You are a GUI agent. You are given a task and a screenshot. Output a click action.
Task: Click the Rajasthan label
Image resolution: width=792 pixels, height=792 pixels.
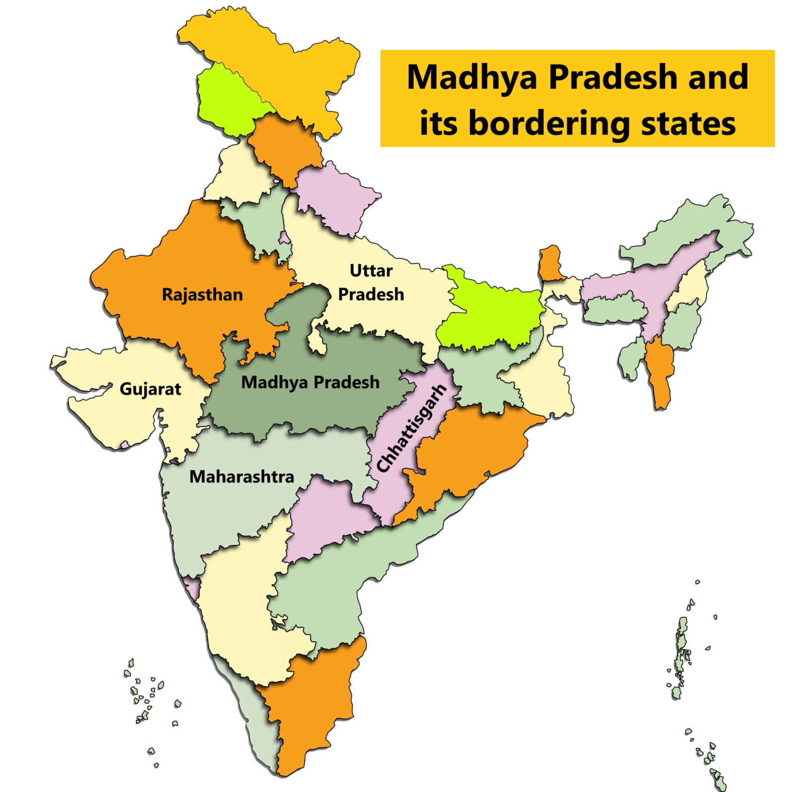coord(202,295)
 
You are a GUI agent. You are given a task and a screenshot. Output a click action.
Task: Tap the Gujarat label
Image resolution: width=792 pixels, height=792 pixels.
coord(150,389)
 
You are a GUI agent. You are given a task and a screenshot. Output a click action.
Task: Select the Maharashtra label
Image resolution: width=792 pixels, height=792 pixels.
coord(241,476)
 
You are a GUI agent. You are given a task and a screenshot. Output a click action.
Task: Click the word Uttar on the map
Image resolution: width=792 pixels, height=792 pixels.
coord(371,270)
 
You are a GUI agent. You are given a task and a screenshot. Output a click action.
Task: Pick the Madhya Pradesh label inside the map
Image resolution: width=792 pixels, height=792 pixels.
coord(310,382)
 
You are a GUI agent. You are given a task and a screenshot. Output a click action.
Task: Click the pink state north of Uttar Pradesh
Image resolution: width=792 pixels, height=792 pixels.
coord(335,196)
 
